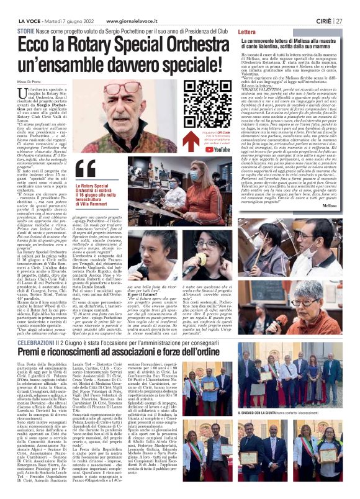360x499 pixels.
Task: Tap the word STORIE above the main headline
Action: (26, 30)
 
